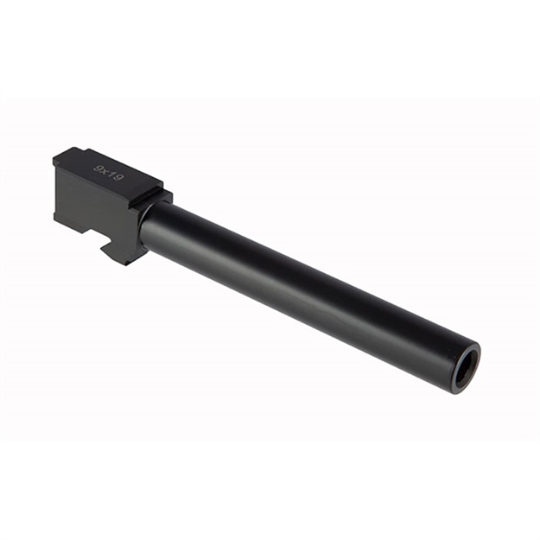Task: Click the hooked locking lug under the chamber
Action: [x=121, y=251]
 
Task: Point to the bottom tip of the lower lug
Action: [x=126, y=263]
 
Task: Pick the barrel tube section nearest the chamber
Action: [x=173, y=229]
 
